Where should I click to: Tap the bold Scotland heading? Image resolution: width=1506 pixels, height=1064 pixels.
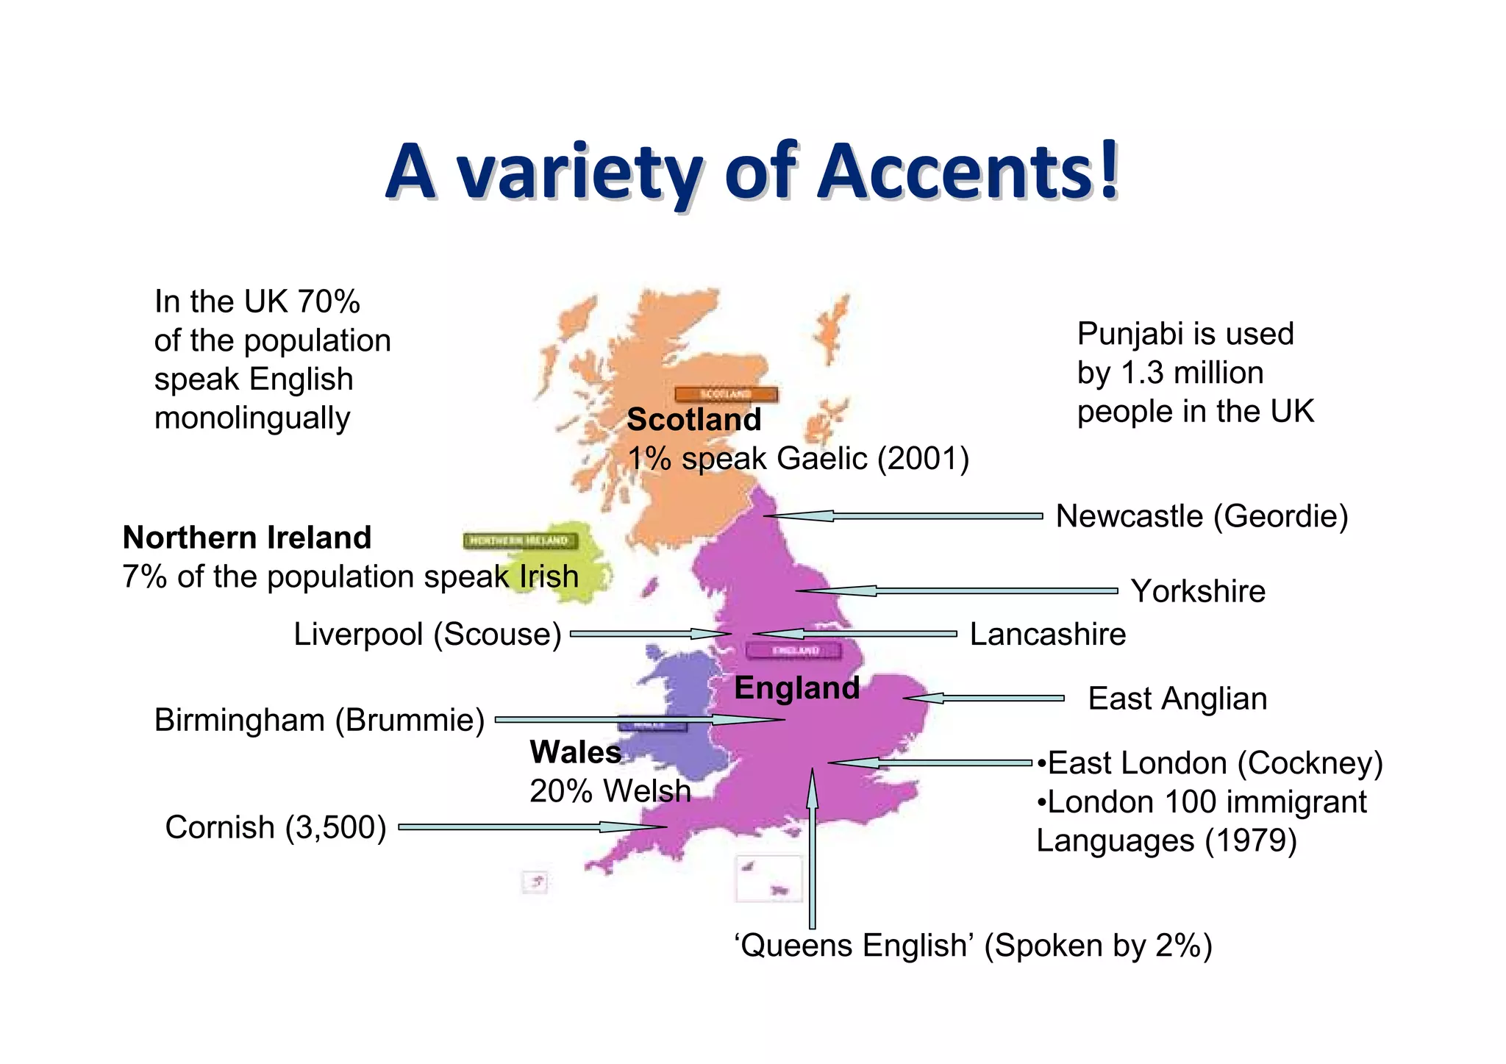click(693, 420)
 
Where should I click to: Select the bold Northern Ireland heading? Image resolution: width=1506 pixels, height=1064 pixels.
click(247, 538)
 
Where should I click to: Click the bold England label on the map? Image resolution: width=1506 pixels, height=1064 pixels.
click(797, 688)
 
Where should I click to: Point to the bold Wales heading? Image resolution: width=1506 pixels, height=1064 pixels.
click(576, 752)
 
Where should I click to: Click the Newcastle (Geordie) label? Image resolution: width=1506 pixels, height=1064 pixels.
click(1202, 516)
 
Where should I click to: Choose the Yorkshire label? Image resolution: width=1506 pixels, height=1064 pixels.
click(1198, 591)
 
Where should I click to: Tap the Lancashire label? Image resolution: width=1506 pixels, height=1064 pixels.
click(1048, 634)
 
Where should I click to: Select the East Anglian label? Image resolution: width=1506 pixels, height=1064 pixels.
click(1177, 699)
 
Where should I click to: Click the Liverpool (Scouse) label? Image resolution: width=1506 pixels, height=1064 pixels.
click(427, 634)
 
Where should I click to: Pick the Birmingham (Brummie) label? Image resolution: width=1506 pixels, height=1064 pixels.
click(319, 720)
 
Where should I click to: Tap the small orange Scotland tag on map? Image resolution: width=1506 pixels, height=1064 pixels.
click(726, 394)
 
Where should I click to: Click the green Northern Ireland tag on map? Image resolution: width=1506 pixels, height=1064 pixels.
click(520, 541)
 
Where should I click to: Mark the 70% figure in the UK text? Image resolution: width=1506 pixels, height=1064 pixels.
click(329, 301)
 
